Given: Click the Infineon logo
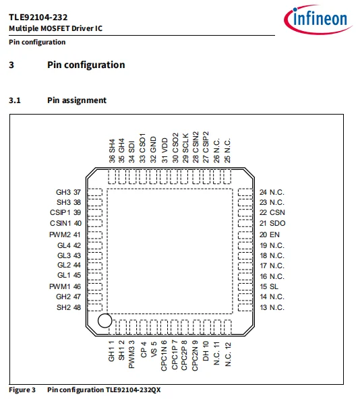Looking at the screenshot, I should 315,20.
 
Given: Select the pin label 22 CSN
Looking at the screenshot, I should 272,212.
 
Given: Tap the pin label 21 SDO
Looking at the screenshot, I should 272,223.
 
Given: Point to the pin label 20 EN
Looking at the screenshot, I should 270,234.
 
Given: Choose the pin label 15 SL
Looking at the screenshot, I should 269,286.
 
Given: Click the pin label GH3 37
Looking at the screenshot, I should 68,191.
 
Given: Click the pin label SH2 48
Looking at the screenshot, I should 68,307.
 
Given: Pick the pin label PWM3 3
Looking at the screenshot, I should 132,356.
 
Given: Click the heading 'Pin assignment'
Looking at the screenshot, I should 76,100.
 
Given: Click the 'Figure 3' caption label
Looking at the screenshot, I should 22,390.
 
